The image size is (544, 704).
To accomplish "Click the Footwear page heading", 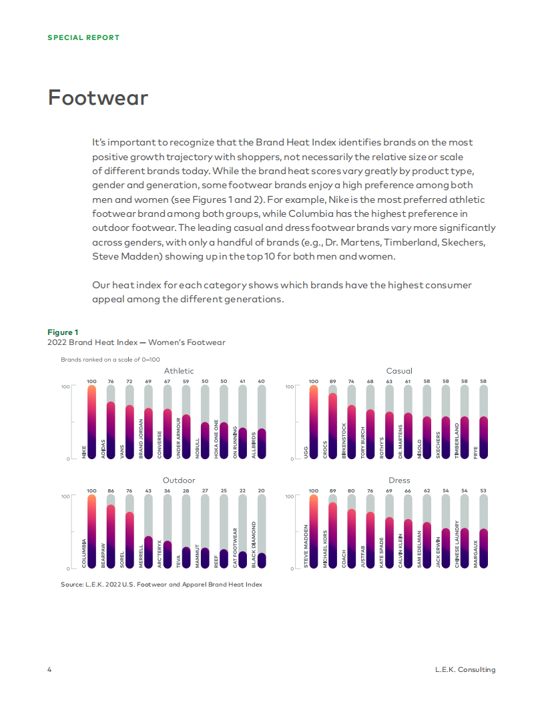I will (x=97, y=98).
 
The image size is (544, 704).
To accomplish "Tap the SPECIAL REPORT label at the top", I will (x=83, y=37).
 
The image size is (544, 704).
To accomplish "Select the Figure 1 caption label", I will (x=63, y=332).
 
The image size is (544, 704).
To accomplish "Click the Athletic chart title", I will (x=179, y=371).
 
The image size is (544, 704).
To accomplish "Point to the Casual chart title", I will (x=399, y=371).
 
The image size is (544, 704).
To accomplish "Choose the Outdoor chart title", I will (x=179, y=480).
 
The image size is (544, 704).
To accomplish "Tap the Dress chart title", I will (x=399, y=480).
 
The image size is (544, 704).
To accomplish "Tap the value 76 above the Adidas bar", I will (x=111, y=382).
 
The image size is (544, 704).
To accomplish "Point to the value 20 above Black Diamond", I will (x=262, y=491).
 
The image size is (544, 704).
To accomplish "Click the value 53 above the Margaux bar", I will (x=483, y=491).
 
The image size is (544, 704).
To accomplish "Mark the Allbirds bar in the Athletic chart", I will (x=262, y=444).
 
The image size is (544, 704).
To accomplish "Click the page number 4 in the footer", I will (x=49, y=669).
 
